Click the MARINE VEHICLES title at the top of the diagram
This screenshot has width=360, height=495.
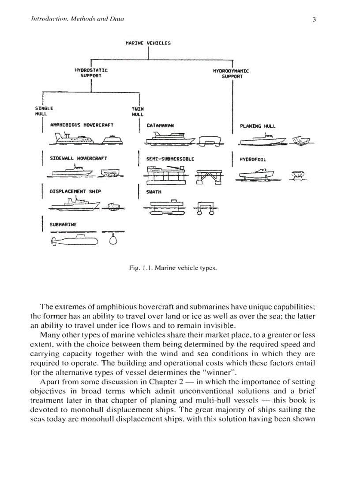coord(148,43)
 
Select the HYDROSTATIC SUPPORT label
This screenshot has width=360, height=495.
coord(91,73)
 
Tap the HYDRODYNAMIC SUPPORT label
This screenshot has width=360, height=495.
coord(231,73)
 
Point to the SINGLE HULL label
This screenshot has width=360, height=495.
coord(44,111)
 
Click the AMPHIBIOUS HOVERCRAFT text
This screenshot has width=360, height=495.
coord(82,125)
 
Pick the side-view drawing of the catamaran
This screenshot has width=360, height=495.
coord(170,140)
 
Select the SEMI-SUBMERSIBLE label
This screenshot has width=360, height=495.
coord(170,159)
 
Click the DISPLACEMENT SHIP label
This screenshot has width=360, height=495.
coord(75,192)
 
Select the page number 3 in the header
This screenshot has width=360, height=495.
coord(314,19)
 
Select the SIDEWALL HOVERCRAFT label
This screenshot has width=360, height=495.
coord(78,158)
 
